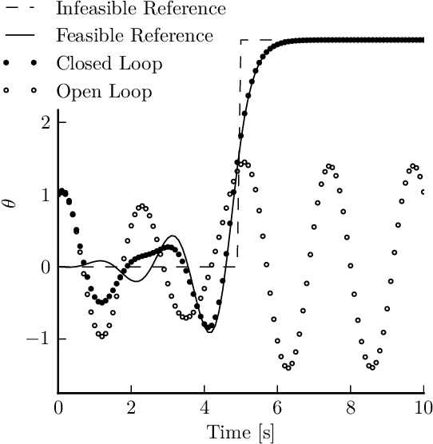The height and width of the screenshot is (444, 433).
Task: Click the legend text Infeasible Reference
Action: (x=141, y=10)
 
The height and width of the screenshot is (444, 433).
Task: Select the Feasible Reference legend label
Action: (x=134, y=37)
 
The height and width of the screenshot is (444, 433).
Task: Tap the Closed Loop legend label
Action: (x=109, y=64)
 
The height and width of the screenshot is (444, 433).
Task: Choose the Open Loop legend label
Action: (x=104, y=92)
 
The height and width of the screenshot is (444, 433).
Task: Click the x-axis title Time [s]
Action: (x=240, y=433)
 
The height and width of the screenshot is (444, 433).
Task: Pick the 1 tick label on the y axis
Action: (x=46, y=194)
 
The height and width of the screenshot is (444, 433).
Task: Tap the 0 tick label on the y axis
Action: (x=46, y=267)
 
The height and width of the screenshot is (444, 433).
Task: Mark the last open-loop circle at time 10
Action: (x=423, y=192)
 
